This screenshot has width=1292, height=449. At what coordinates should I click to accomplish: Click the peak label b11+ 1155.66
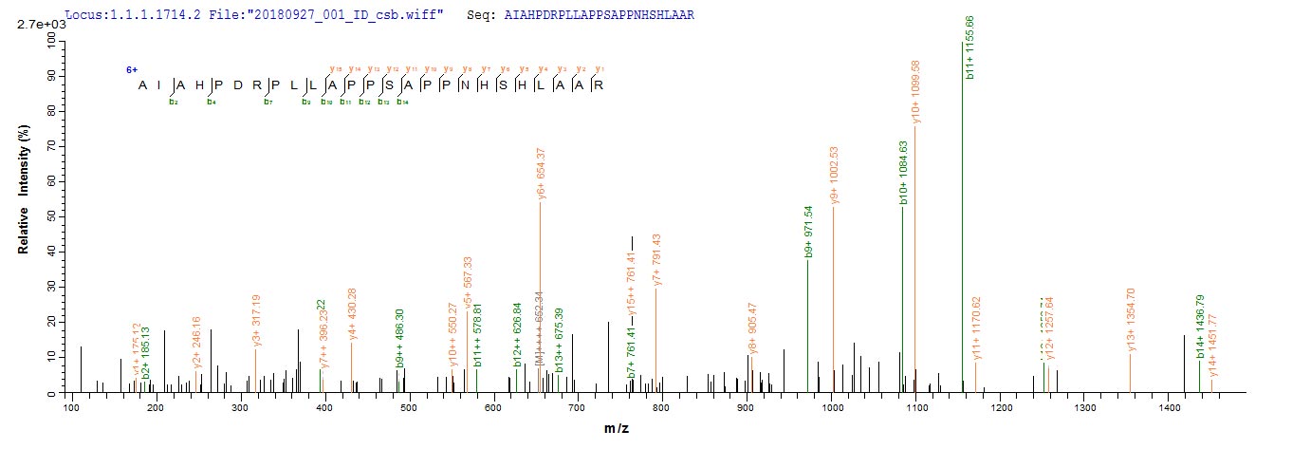pyautogui.click(x=969, y=47)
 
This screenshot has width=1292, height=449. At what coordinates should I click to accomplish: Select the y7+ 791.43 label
pyautogui.click(x=656, y=260)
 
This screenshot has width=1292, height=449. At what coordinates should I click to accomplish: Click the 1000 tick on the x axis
pyautogui.click(x=832, y=407)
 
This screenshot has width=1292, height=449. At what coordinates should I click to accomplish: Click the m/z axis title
pyautogui.click(x=617, y=429)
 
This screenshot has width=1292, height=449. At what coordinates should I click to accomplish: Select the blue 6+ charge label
pyautogui.click(x=132, y=70)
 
